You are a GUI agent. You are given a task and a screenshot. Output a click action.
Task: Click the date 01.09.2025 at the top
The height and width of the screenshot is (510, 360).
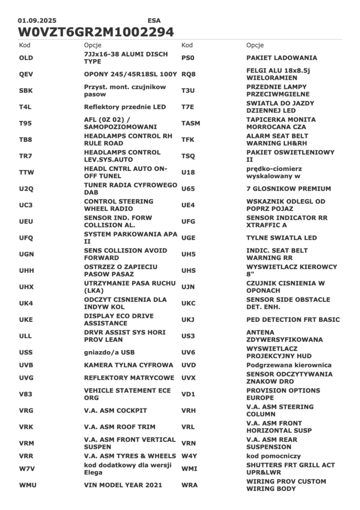tap(37, 20)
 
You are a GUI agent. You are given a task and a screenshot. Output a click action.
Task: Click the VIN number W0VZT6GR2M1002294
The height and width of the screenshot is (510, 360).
tap(96, 32)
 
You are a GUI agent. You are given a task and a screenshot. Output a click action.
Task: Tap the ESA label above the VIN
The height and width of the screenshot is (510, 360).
tap(154, 20)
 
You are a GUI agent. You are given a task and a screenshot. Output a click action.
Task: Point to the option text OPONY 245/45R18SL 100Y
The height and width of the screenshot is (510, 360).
tap(130, 74)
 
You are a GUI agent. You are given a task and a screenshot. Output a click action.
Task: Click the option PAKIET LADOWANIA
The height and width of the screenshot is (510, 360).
tap(281, 58)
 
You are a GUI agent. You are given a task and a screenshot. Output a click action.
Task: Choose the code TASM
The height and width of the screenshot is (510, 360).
tap(191, 124)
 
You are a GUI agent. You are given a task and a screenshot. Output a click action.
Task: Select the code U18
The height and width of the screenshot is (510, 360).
tap(188, 172)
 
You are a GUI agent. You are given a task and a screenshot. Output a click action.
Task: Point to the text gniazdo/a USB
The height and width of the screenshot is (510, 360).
tap(106, 353)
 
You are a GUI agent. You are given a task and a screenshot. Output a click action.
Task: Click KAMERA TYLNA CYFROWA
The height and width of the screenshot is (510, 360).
tap(128, 365)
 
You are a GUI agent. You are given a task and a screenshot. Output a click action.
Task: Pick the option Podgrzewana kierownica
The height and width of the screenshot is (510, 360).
tap(289, 365)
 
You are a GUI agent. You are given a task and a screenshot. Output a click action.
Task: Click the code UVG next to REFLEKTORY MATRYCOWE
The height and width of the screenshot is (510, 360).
tap(26, 378)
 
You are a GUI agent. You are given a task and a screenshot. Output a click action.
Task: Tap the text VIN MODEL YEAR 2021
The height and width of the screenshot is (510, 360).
tap(122, 485)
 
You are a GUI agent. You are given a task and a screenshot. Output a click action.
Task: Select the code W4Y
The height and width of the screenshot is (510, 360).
tap(189, 456)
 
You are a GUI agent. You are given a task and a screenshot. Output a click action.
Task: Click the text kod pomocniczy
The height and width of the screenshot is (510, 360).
tap(273, 456)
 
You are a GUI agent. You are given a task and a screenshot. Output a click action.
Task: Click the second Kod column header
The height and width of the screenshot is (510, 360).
tap(187, 45)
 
